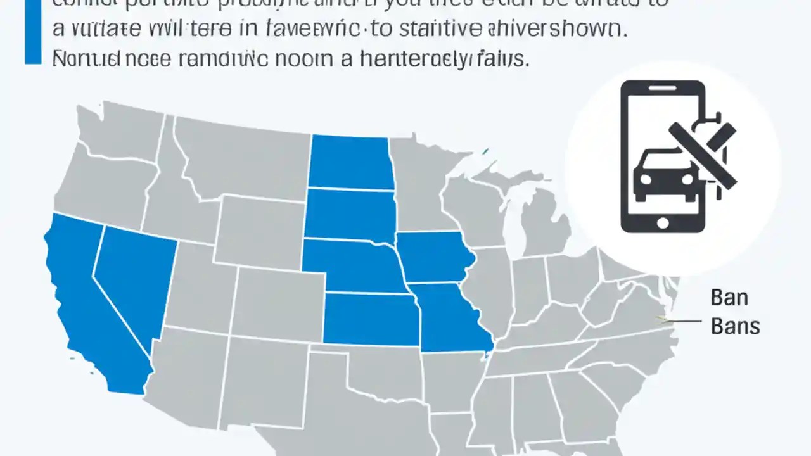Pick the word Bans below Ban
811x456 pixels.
coord(735,327)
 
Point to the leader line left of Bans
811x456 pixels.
coord(681,321)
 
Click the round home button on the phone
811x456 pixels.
coord(663,222)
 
